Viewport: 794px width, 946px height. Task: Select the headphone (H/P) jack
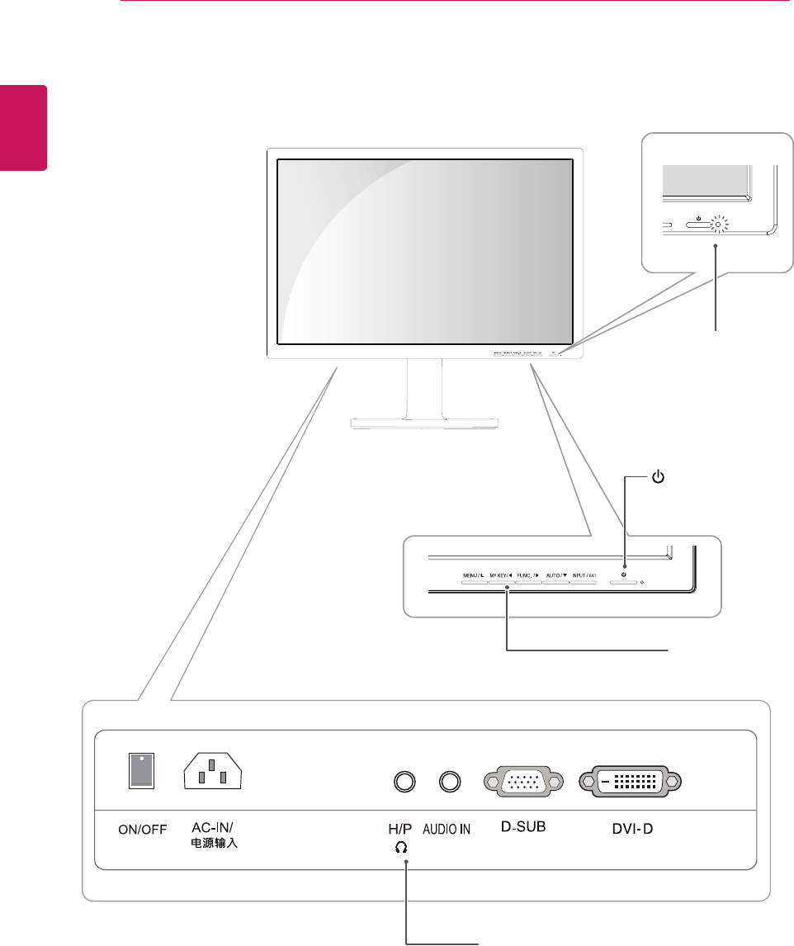click(404, 780)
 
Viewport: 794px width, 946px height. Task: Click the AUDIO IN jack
click(449, 780)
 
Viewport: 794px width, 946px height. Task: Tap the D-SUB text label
click(524, 826)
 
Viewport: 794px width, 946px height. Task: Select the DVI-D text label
click(631, 826)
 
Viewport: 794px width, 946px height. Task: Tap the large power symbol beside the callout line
click(658, 477)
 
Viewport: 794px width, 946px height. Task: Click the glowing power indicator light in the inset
click(718, 223)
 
